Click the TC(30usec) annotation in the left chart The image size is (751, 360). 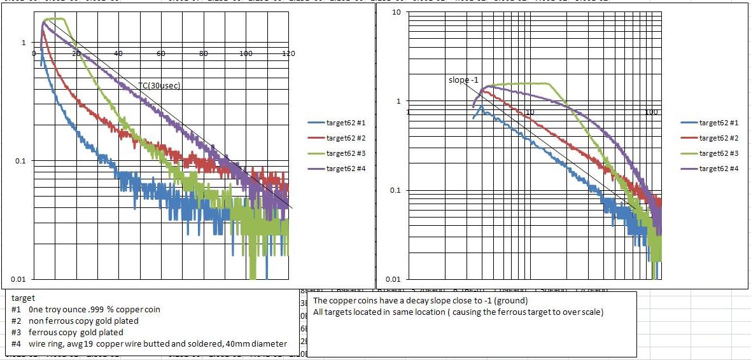click(x=160, y=85)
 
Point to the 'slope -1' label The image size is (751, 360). click(x=463, y=80)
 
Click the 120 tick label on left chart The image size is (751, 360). click(x=288, y=53)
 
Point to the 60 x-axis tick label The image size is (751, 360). click(x=161, y=53)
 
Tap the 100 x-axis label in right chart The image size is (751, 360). click(x=650, y=112)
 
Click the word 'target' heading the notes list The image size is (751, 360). click(x=24, y=298)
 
